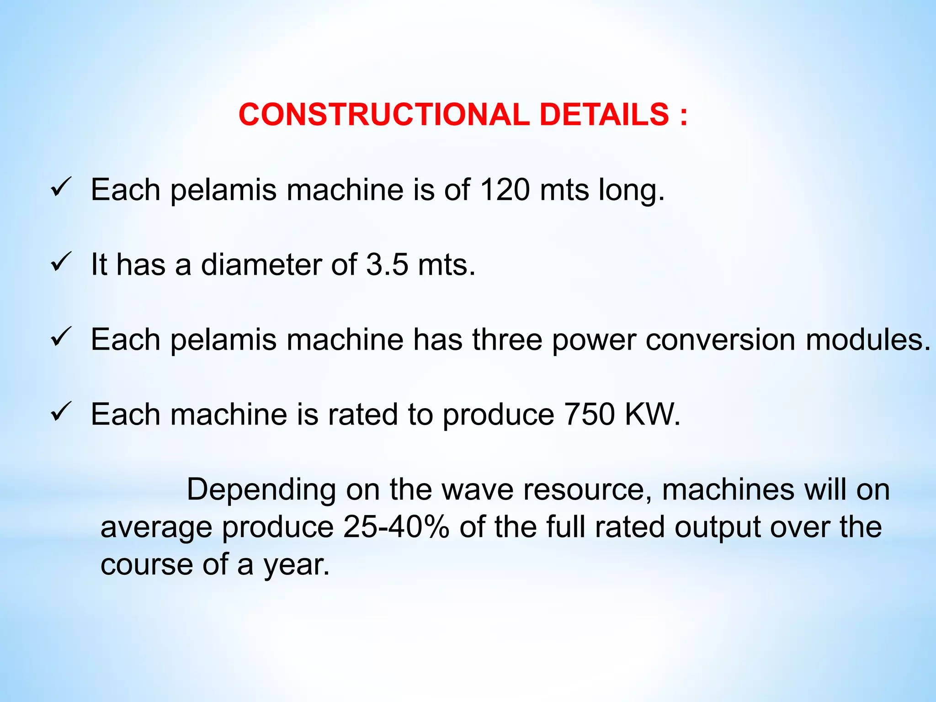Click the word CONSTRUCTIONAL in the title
[x=383, y=114]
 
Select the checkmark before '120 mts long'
[x=61, y=187]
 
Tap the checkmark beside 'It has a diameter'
[x=61, y=262]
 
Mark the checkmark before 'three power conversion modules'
[x=61, y=337]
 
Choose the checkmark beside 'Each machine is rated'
[x=61, y=412]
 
